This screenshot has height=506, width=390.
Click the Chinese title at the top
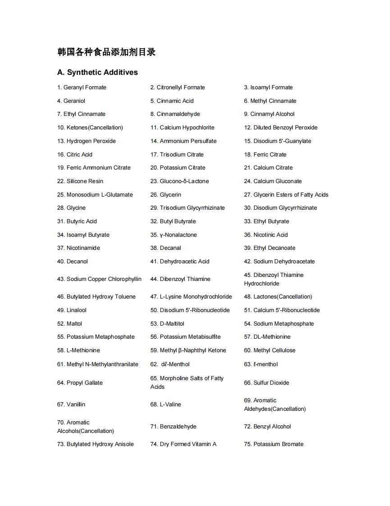coord(107,52)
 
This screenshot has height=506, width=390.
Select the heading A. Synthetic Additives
coord(98,73)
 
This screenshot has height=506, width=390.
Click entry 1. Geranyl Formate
coord(82,87)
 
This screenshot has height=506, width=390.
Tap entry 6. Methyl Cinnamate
coord(270,101)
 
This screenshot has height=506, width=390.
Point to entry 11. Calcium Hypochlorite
coord(182,128)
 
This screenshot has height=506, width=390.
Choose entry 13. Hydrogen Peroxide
coord(86,141)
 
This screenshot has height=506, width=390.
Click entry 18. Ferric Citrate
coord(265,155)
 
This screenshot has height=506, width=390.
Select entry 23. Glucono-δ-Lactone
coord(180,181)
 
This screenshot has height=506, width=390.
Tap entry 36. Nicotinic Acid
coord(266,235)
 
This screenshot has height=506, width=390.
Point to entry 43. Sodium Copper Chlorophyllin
coord(99,279)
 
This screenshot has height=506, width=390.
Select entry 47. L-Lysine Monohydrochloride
coord(191,297)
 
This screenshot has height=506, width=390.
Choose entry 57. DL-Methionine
coord(268,337)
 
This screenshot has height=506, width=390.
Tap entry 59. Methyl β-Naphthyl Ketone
coord(188,350)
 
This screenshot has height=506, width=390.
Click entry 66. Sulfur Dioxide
coord(267,383)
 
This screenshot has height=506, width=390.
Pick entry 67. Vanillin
coord(71,405)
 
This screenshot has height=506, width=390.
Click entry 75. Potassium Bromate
coord(274,444)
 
